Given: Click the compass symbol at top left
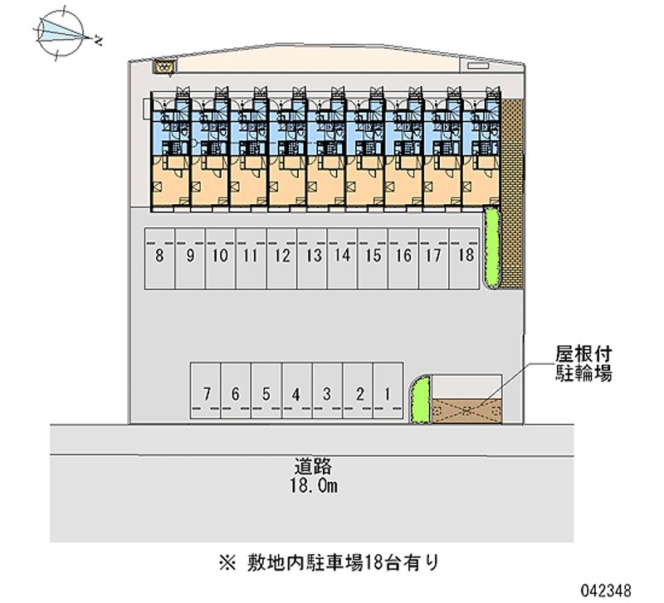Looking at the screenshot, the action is (x=65, y=32).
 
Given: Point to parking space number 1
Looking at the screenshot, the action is (x=388, y=393).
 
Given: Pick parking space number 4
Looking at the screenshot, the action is (x=296, y=393).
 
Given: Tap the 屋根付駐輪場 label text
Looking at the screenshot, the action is (x=583, y=364).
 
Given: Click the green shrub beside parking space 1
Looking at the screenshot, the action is (x=420, y=400).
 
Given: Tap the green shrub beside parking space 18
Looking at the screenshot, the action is (x=491, y=248).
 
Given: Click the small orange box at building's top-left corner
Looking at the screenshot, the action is (x=166, y=65).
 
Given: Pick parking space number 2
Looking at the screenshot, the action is (x=358, y=393).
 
